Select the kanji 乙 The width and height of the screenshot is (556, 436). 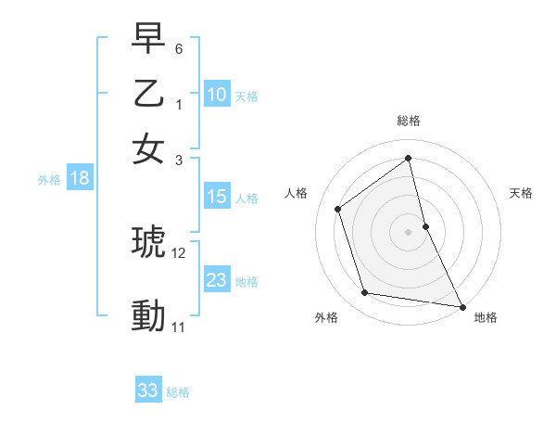149,95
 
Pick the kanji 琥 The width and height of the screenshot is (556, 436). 149,243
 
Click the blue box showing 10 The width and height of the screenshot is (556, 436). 216,94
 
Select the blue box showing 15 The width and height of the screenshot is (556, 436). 216,197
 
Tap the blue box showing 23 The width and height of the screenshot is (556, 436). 216,280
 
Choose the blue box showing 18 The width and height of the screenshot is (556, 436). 79,179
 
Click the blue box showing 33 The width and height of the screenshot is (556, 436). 148,391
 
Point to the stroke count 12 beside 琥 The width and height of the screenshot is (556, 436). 179,252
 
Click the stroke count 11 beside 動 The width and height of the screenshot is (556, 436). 179,327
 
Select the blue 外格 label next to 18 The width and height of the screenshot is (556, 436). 49,180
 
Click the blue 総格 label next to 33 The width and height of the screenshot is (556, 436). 178,392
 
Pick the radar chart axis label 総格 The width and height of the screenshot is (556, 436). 408,121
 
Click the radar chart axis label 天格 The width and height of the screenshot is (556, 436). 521,193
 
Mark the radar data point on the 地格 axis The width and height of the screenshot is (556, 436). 461,305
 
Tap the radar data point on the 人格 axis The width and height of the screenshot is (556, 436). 338,209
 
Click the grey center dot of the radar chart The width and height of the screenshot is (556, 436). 408,231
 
